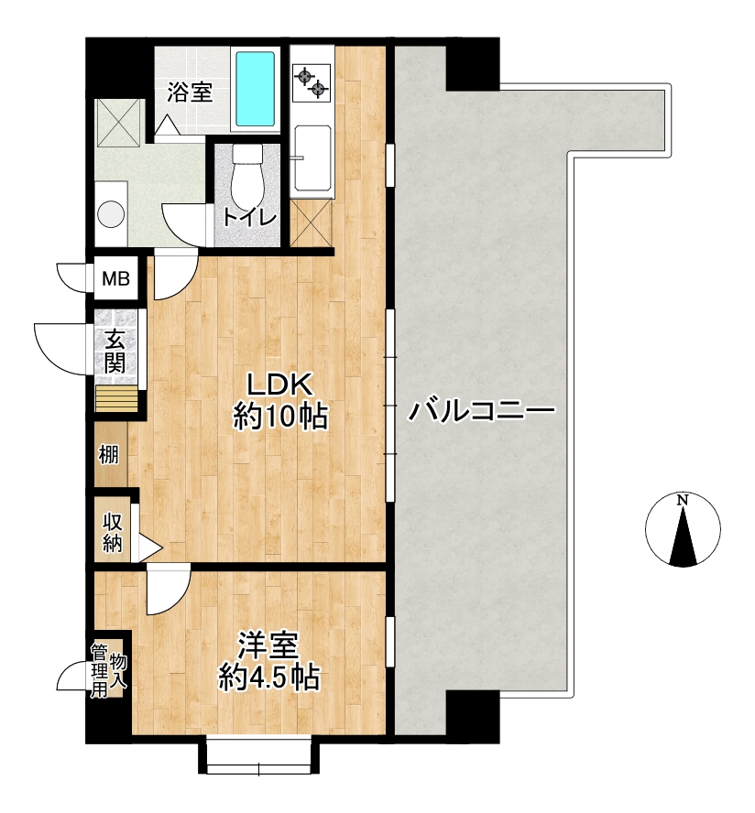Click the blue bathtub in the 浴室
coord(256,89)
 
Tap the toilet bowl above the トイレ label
coord(248,177)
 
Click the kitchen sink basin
coord(312,158)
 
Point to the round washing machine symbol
coord(112,213)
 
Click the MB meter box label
coord(115,279)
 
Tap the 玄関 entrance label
coord(115,352)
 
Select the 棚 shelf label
coord(109,455)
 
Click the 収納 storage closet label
coord(113,532)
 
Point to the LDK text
coord(279,385)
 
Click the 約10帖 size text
coord(280,416)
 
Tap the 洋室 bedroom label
coord(268,646)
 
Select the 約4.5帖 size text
coord(268,677)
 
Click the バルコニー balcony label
coord(482,411)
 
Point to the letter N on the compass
coord(683,501)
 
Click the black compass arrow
coord(683,537)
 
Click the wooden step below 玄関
coord(116,398)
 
